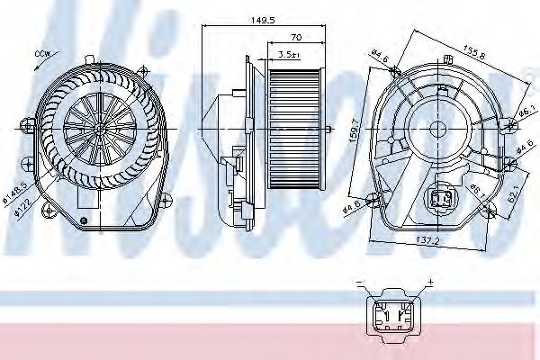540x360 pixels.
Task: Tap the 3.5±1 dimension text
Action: tap(289, 55)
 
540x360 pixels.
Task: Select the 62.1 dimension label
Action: tap(514, 192)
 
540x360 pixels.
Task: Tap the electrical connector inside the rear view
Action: tap(443, 199)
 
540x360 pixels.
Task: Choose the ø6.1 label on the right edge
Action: tap(526, 111)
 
